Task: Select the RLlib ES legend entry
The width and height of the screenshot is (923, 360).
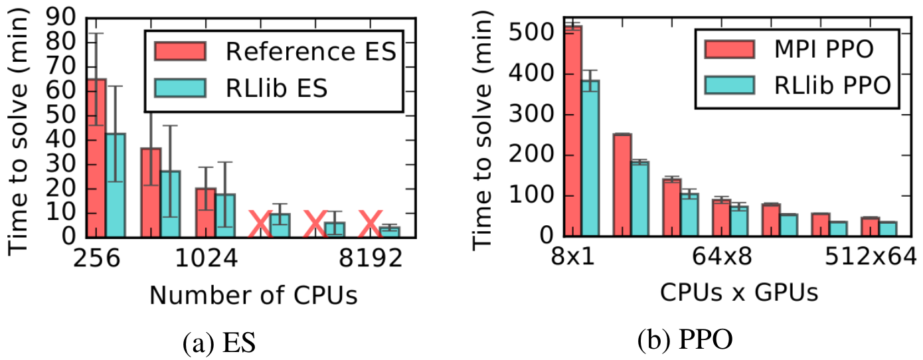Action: (x=276, y=88)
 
